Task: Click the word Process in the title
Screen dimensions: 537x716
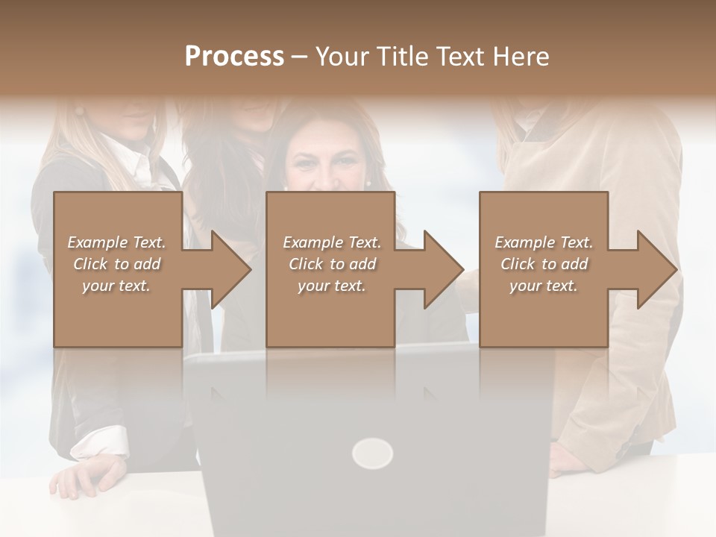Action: click(x=234, y=57)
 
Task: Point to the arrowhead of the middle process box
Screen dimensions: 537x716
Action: click(x=442, y=269)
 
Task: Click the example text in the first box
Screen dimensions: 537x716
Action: click(x=116, y=264)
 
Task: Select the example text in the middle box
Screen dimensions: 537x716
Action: click(x=331, y=264)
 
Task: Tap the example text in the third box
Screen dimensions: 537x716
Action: click(x=544, y=264)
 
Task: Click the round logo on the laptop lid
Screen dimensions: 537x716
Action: click(x=372, y=453)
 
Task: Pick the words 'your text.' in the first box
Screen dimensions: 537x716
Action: click(x=116, y=286)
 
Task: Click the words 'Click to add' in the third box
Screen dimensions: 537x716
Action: click(x=544, y=264)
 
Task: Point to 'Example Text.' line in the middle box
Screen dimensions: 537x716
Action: click(x=331, y=242)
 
